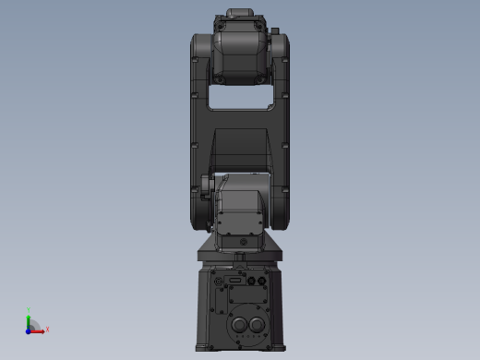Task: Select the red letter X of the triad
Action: pos(46,329)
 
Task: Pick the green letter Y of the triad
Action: pos(29,310)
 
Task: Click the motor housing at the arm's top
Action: pos(239,51)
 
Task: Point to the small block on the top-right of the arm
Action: pos(275,32)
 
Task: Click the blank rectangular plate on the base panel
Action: pos(246,295)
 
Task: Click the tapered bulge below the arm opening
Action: pos(239,148)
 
